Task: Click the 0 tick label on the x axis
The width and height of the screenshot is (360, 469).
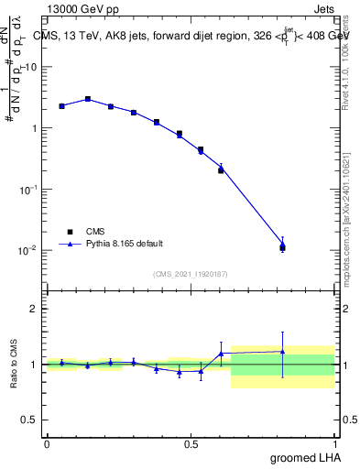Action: pyautogui.click(x=47, y=443)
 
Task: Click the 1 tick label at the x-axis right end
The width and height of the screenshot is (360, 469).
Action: pyautogui.click(x=334, y=443)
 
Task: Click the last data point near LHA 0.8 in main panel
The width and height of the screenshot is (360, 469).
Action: pyautogui.click(x=282, y=246)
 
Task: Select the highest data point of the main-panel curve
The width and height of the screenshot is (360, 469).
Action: pyautogui.click(x=88, y=99)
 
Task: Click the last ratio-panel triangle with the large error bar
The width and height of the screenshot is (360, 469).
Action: pyautogui.click(x=282, y=352)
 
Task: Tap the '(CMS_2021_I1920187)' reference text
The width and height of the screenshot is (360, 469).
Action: pyautogui.click(x=190, y=273)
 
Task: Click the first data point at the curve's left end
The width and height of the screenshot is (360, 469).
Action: pyautogui.click(x=61, y=106)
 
